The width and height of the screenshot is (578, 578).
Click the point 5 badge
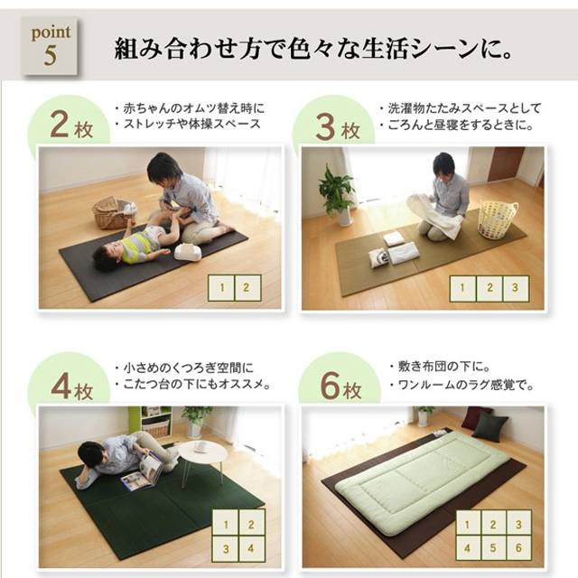click(x=51, y=46)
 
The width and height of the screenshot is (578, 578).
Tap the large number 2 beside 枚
click(x=60, y=125)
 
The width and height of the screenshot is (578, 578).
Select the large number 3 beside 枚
click(x=325, y=126)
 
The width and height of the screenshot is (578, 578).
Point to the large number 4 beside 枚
click(x=61, y=387)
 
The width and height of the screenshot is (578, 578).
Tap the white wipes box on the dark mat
click(x=188, y=252)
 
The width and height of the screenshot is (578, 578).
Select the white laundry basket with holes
click(x=498, y=219)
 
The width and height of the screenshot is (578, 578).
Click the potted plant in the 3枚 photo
click(x=337, y=195)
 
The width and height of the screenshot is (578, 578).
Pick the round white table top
click(x=202, y=453)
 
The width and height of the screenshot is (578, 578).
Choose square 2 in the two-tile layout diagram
click(x=247, y=287)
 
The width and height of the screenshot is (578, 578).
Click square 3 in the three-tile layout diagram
click(x=516, y=288)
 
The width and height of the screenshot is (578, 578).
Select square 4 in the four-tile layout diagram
click(x=251, y=548)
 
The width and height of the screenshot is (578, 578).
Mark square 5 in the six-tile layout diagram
click(x=493, y=548)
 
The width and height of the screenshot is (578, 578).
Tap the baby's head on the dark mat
click(x=107, y=256)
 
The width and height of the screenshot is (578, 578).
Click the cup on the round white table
click(x=201, y=447)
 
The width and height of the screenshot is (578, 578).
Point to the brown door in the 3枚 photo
click(x=505, y=163)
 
